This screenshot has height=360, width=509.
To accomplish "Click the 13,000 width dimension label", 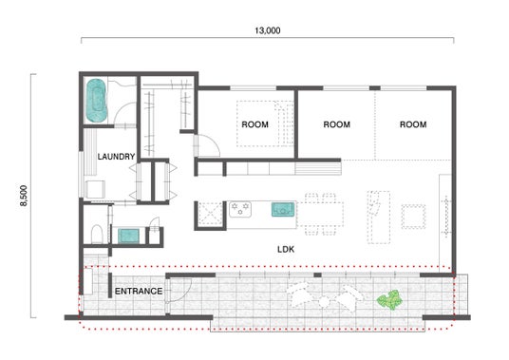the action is pyautogui.click(x=268, y=30).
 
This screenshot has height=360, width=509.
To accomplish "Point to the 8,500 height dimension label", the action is pyautogui.click(x=24, y=196).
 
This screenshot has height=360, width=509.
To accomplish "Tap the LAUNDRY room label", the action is pyautogui.click(x=116, y=157).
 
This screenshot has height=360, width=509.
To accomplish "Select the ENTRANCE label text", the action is pyautogui.click(x=139, y=292).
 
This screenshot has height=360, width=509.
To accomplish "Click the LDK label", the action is pyautogui.click(x=286, y=249).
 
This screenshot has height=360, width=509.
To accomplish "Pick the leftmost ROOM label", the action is pyautogui.click(x=255, y=124).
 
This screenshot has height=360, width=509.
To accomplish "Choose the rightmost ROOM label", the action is pyautogui.click(x=413, y=124).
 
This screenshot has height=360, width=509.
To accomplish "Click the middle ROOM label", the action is pyautogui.click(x=337, y=124).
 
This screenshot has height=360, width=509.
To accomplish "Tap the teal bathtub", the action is pyautogui.click(x=97, y=101).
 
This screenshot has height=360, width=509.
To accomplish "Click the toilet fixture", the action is pyautogui.click(x=97, y=234).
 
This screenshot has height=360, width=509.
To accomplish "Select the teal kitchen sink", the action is pyautogui.click(x=283, y=209).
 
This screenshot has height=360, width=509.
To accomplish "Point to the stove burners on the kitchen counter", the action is pyautogui.click(x=240, y=209).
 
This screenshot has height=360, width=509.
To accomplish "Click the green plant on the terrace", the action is pyautogui.click(x=390, y=300).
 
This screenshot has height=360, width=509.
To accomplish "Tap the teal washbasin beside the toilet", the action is pyautogui.click(x=128, y=236).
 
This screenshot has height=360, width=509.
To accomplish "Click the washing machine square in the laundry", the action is pyautogui.click(x=95, y=189).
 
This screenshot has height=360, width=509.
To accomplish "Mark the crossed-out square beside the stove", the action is pyautogui.click(x=210, y=214).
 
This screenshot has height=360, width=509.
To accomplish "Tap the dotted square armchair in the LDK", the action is pyautogui.click(x=414, y=217).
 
